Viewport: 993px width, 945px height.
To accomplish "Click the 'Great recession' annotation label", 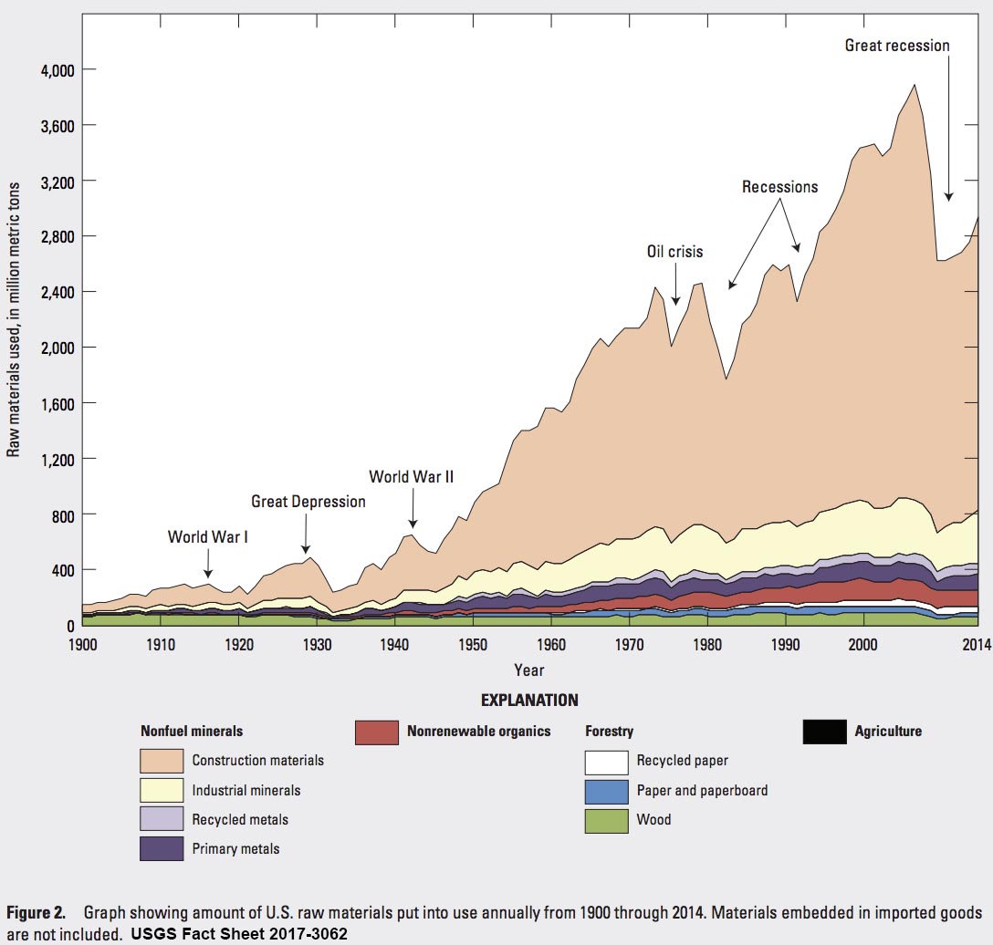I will pyautogui.click(x=897, y=46).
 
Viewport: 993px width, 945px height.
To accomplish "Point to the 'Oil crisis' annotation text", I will pyautogui.click(x=674, y=252).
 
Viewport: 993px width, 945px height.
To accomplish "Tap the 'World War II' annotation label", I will pyautogui.click(x=411, y=476).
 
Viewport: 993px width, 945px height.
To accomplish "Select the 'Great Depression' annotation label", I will pyautogui.click(x=308, y=502).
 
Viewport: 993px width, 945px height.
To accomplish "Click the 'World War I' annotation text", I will pyautogui.click(x=207, y=536).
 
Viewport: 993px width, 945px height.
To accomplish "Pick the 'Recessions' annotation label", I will pyautogui.click(x=779, y=187).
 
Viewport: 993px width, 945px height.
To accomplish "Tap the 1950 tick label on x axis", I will pyautogui.click(x=473, y=644).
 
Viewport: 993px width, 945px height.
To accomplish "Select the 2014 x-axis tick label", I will pyautogui.click(x=976, y=644).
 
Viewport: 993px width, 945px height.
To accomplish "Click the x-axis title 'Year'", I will pyautogui.click(x=528, y=670).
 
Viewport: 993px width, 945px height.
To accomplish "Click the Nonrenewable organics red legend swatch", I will pyautogui.click(x=377, y=732).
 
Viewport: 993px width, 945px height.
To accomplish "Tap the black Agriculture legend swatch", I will pyautogui.click(x=824, y=732).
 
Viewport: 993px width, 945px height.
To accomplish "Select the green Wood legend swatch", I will pyautogui.click(x=606, y=820).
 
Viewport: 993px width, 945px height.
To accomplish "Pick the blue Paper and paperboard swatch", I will pyautogui.click(x=606, y=791).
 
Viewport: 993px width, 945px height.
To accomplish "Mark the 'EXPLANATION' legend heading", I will pyautogui.click(x=528, y=701).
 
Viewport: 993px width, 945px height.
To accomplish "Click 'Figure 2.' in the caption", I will pyautogui.click(x=36, y=913).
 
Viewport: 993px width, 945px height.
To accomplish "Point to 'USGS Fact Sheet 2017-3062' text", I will pyautogui.click(x=239, y=934).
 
